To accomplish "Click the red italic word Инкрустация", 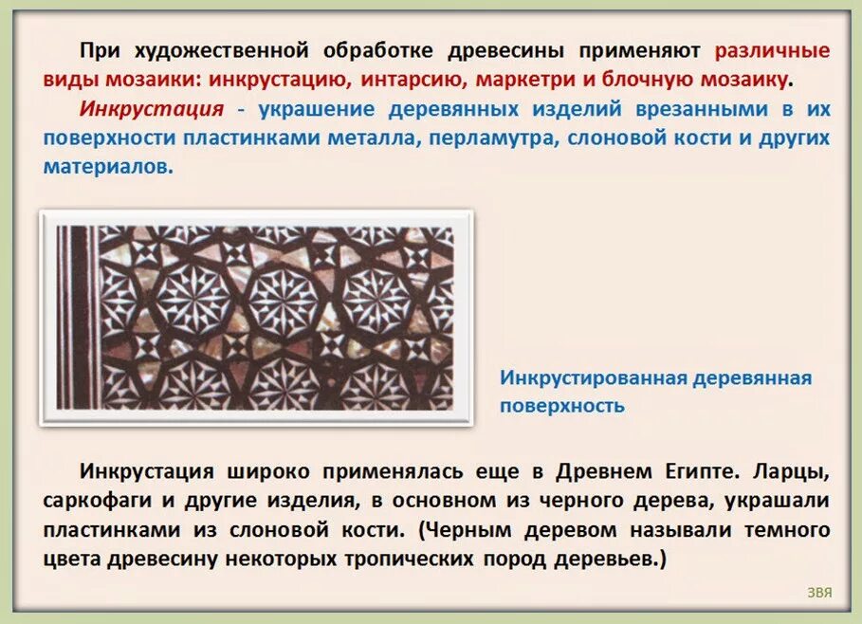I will pyautogui.click(x=152, y=108).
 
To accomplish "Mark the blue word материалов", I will pyautogui.click(x=105, y=166).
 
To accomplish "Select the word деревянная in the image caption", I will pyautogui.click(x=753, y=378).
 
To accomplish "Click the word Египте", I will pyautogui.click(x=688, y=471).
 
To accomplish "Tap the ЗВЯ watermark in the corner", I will pyautogui.click(x=819, y=594).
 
